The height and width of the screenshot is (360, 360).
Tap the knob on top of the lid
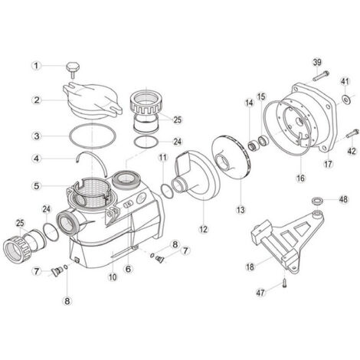(x=73, y=68)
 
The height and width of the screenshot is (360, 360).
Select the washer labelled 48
(x=315, y=201)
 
